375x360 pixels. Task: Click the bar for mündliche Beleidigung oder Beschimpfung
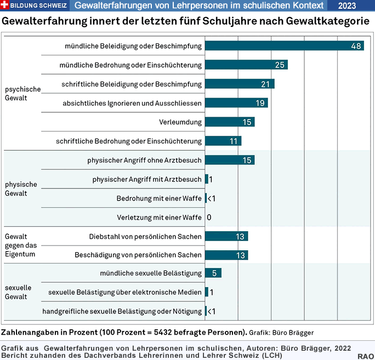(x=284, y=46)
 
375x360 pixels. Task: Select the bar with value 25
(x=246, y=65)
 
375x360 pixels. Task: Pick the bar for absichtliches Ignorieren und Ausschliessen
(x=236, y=103)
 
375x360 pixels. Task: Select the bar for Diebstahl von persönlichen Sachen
(x=226, y=236)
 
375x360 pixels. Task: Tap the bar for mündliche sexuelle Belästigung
(x=213, y=273)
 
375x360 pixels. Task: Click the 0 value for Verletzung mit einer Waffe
(x=209, y=218)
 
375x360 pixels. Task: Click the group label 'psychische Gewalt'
(x=23, y=93)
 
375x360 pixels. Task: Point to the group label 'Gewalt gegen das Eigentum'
(x=20, y=245)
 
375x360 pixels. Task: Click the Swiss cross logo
(x=5, y=5)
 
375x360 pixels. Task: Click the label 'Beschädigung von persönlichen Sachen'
(x=138, y=255)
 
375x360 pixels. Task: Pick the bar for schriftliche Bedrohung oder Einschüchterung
(x=223, y=141)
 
